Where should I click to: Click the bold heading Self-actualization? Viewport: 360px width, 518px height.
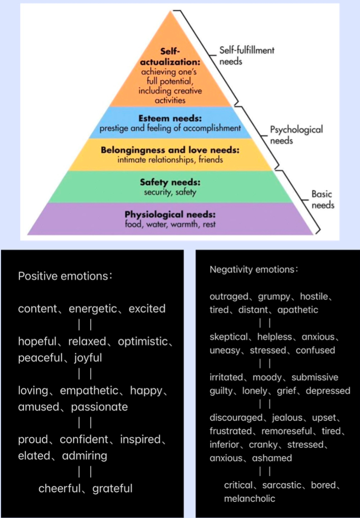[170, 56]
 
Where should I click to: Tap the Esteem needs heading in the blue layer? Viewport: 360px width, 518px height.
[170, 118]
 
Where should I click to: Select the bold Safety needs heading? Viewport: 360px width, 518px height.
[170, 182]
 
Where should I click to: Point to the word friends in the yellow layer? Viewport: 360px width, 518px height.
[211, 160]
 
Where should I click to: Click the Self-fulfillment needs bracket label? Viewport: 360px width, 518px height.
[247, 56]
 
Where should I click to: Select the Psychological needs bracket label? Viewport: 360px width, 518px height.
[296, 135]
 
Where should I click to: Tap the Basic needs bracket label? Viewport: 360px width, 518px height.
[323, 199]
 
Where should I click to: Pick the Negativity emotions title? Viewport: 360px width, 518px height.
[254, 270]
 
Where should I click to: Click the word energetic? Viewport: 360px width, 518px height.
[93, 309]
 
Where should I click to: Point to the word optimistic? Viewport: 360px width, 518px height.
[143, 341]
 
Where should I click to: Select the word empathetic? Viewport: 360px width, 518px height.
[89, 390]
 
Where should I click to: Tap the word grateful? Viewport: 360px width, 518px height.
[113, 488]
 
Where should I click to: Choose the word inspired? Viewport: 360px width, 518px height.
[140, 440]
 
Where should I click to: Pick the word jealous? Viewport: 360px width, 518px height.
[287, 418]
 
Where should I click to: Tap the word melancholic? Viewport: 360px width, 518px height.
[250, 499]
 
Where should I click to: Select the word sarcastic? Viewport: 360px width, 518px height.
[282, 485]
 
